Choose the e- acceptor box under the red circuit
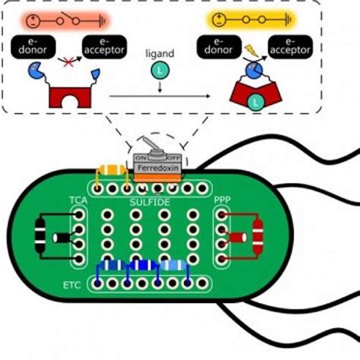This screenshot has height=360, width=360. click(106, 46)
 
